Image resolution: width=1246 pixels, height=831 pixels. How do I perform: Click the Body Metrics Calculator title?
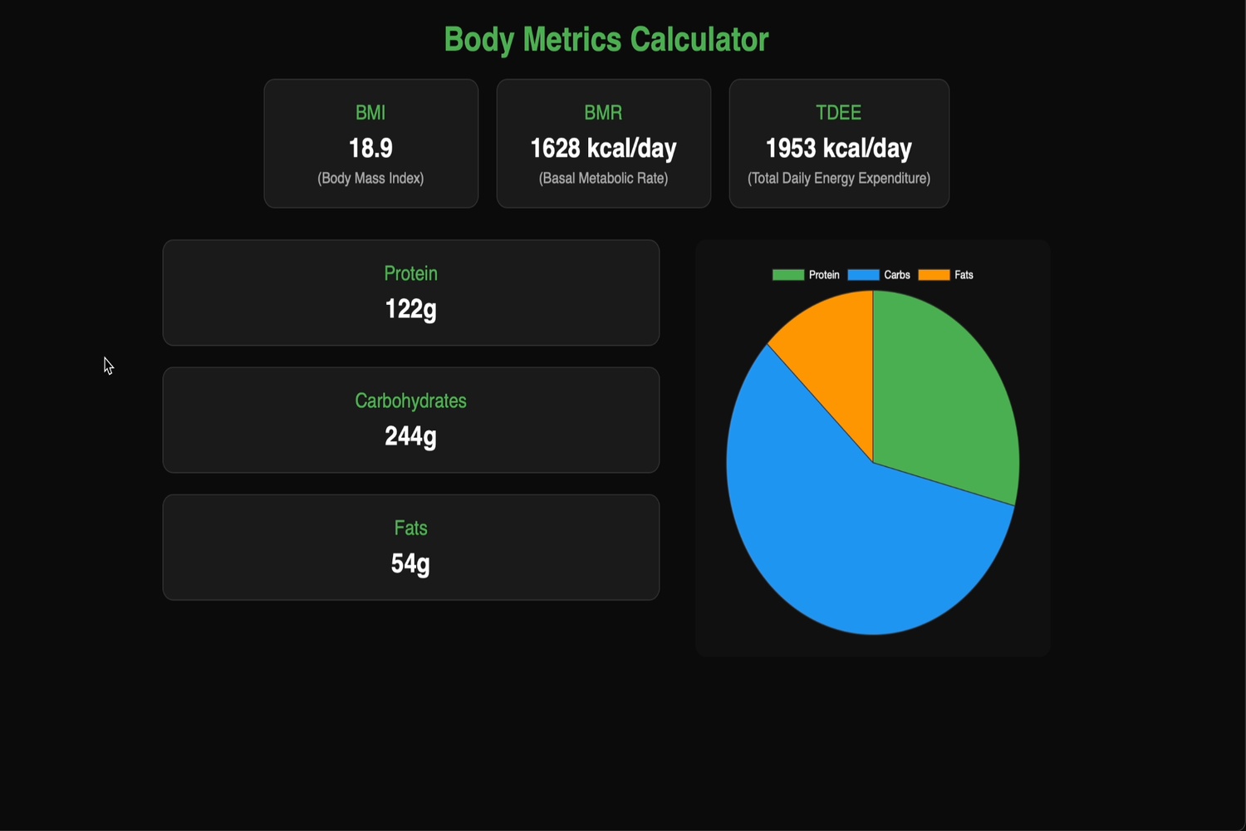(x=606, y=40)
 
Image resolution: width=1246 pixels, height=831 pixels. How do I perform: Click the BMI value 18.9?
(x=370, y=148)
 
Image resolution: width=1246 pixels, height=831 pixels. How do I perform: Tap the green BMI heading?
(x=370, y=112)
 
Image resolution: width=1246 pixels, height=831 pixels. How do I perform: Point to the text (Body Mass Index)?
(x=370, y=178)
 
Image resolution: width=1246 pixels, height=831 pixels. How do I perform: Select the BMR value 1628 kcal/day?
(x=603, y=148)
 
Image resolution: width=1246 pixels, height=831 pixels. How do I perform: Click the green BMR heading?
(x=603, y=112)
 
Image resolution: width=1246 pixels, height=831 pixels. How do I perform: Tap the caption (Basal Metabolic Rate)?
(x=603, y=178)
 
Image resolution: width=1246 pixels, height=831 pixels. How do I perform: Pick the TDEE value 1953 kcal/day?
(x=839, y=148)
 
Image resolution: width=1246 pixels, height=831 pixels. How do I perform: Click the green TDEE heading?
(x=839, y=112)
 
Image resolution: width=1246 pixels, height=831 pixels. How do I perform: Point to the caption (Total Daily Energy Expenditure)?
(x=839, y=178)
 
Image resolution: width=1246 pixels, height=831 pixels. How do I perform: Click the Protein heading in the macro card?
(x=410, y=273)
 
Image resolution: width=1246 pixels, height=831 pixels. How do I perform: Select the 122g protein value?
(x=410, y=309)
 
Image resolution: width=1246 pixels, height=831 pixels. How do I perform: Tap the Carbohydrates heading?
(x=410, y=401)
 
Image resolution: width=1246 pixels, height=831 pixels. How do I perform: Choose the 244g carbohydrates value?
(x=410, y=436)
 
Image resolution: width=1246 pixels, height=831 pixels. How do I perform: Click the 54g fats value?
(x=410, y=563)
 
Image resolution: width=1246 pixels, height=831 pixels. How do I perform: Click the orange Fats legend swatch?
(x=934, y=275)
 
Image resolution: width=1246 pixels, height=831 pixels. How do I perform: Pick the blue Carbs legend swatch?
(x=863, y=275)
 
